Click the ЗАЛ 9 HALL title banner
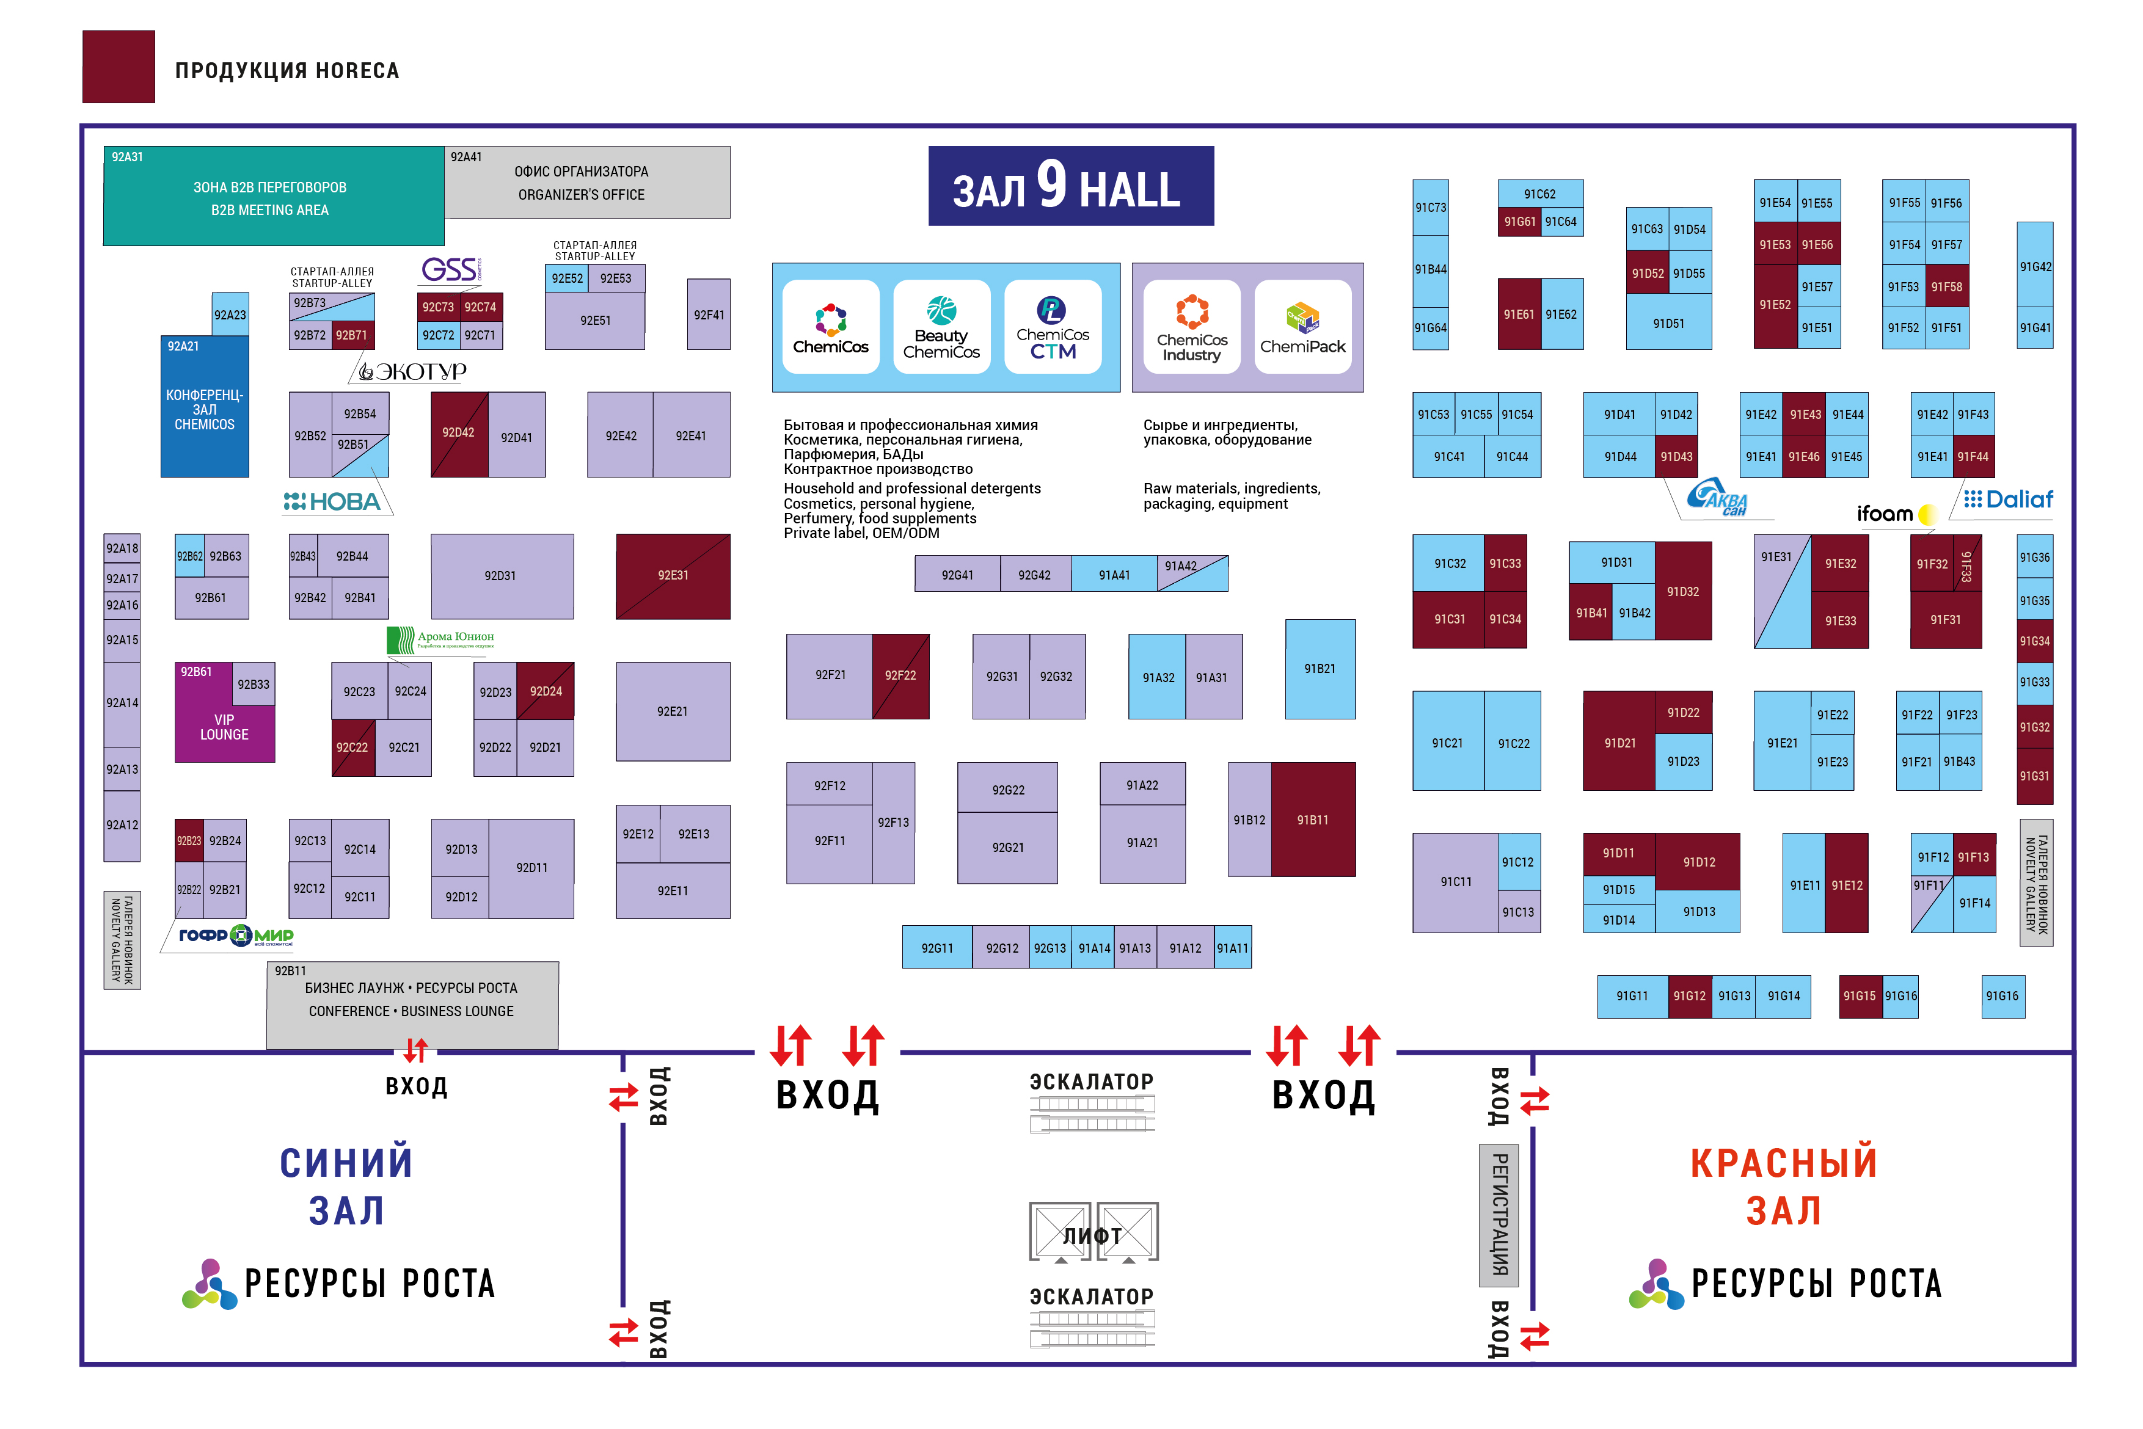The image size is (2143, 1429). [x=1070, y=186]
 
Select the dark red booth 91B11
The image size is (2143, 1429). [x=1313, y=820]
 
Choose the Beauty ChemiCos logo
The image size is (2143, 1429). [x=941, y=327]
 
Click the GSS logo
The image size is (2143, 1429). [x=450, y=270]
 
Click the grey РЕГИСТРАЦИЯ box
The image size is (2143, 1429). [x=1498, y=1215]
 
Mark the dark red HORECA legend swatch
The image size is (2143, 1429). [x=119, y=67]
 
